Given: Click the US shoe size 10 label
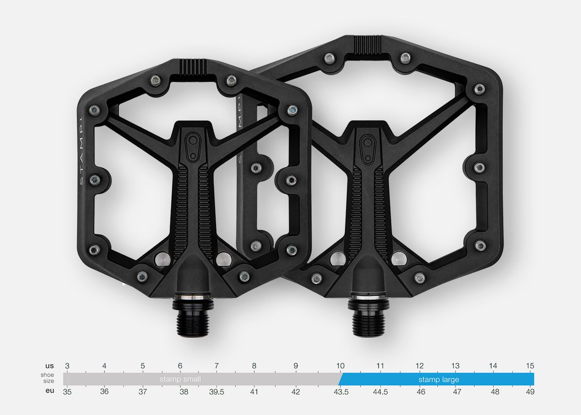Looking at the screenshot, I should click(x=340, y=366).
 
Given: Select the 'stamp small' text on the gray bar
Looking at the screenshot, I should click(x=180, y=379).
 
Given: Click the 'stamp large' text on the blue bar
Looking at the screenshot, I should click(x=439, y=379).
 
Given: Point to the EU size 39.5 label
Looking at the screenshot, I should click(x=216, y=392).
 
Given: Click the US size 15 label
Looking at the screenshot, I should click(x=530, y=366).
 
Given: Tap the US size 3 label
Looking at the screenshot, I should click(x=67, y=366).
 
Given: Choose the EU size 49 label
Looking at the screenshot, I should click(x=530, y=392).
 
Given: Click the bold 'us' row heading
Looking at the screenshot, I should click(x=49, y=366).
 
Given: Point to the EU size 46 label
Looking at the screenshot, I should click(x=421, y=392).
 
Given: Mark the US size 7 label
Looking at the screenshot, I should click(x=216, y=366).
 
